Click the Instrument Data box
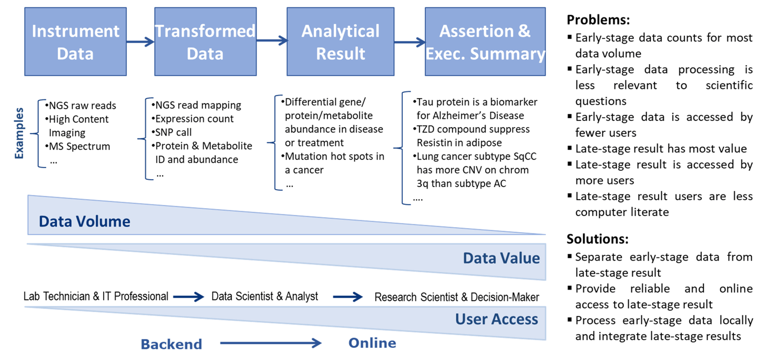[x=75, y=42]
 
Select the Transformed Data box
[x=206, y=42]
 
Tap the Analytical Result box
[x=340, y=42]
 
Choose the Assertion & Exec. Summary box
[x=485, y=42]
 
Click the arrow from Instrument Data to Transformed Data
[x=140, y=42]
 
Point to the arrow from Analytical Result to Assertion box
[x=410, y=42]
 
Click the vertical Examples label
[x=19, y=133]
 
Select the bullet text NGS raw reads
[x=81, y=106]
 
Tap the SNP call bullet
[x=172, y=132]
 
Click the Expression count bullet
[x=192, y=119]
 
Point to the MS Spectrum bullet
[x=78, y=147]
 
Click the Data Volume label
[x=85, y=222]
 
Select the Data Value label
[x=501, y=258]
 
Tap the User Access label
[x=496, y=319]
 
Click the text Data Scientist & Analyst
[x=264, y=296]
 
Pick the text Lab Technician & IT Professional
[x=96, y=296]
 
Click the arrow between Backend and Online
[x=271, y=343]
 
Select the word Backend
[x=171, y=344]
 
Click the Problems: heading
[x=598, y=20]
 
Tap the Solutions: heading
[x=598, y=239]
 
